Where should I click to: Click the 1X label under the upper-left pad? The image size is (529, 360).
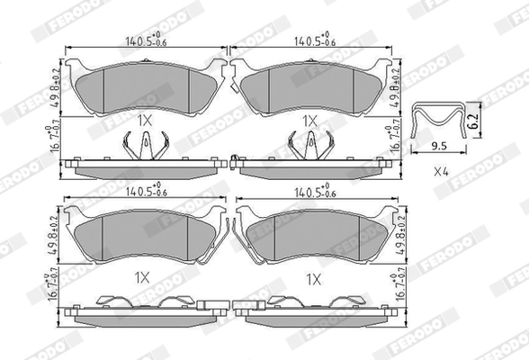click(146, 120)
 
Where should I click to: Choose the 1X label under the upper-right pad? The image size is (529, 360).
click(311, 120)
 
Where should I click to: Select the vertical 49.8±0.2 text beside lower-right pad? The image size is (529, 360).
click(393, 232)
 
